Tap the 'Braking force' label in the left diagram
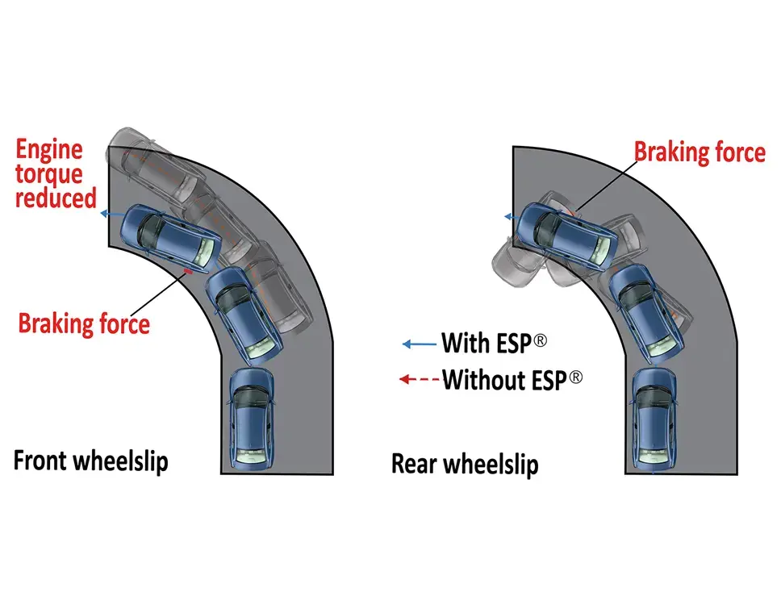click(85, 323)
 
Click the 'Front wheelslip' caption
click(91, 462)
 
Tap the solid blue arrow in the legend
click(419, 344)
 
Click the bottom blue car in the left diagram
click(252, 418)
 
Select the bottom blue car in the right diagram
click(654, 418)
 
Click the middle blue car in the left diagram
click(245, 314)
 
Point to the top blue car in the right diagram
click(566, 233)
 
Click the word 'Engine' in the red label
click(50, 150)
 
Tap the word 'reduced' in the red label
click(56, 198)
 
